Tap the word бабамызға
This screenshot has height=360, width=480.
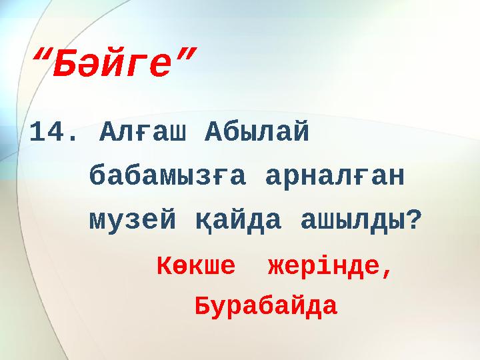coord(167,177)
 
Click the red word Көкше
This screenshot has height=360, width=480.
coord(196,267)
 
